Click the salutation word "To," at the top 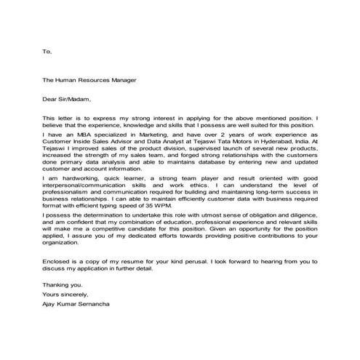point(47,52)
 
